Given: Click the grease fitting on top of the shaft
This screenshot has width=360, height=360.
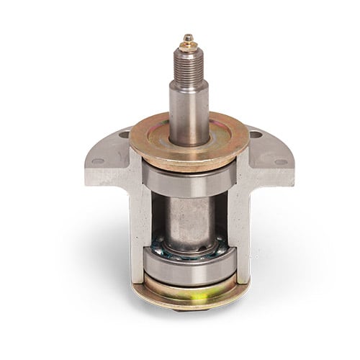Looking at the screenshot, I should (188, 39).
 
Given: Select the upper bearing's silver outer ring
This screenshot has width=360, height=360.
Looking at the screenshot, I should (189, 180).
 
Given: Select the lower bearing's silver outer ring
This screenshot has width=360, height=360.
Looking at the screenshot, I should (189, 266).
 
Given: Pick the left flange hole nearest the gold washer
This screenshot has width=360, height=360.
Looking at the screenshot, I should (125, 135).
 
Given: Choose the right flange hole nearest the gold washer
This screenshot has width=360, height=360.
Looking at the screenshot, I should (256, 135).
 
